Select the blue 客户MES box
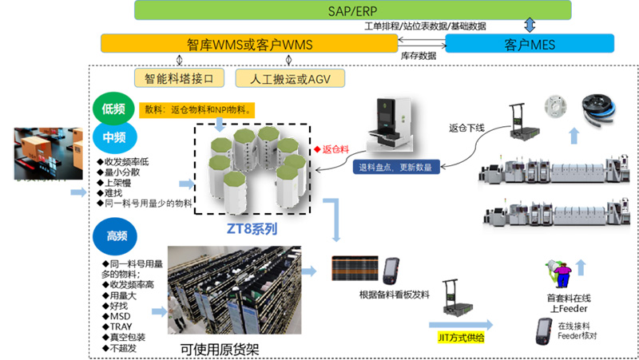(530, 43)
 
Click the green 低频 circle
(113, 108)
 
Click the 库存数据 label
(419, 56)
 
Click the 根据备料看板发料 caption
(395, 295)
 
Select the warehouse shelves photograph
(233, 291)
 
